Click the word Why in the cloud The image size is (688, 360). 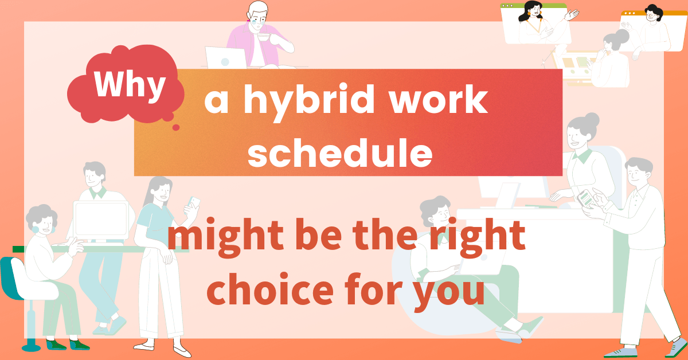130,85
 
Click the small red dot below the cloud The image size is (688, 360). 177,127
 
